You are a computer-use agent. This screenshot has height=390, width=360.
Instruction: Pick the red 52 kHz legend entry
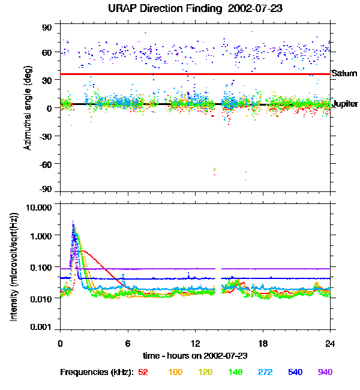pyautogui.click(x=143, y=372)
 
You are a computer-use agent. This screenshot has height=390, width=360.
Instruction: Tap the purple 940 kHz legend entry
pyautogui.click(x=325, y=372)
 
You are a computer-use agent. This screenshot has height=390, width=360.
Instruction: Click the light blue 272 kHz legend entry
pyautogui.click(x=266, y=372)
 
